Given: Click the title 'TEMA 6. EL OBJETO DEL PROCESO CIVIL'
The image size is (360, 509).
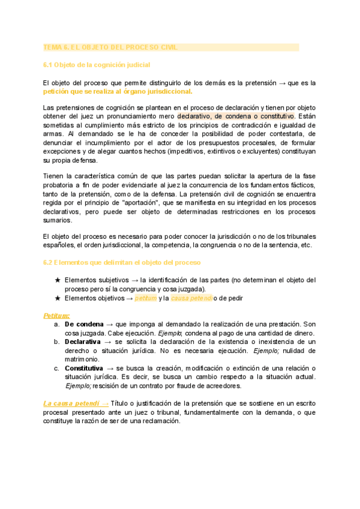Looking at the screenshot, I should click(110, 47).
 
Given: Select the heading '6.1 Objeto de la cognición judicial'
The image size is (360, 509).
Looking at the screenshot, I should click(97, 64).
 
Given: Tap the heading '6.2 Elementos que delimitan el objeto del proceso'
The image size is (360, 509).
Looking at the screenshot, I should click(123, 262).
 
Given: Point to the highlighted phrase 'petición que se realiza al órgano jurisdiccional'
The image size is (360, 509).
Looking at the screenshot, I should click(118, 91).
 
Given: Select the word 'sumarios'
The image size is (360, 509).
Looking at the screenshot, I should click(58, 220).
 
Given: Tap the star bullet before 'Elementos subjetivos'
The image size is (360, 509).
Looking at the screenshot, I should click(58, 280).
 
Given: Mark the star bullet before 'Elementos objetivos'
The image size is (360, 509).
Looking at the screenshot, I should click(58, 298).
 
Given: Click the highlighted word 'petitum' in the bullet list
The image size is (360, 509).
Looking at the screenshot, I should click(146, 298).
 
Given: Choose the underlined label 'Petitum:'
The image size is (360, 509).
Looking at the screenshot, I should click(56, 315).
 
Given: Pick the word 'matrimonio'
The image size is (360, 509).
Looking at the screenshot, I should click(82, 358).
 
